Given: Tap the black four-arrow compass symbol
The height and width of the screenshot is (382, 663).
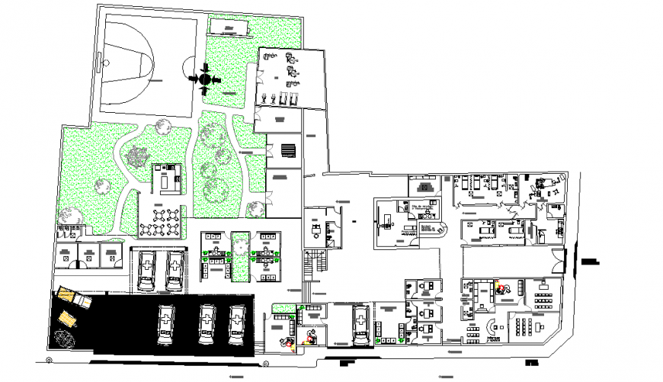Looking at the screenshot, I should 205,78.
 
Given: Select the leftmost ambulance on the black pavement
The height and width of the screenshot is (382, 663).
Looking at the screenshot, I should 165,325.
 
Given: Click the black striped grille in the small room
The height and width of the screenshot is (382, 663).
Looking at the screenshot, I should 288,149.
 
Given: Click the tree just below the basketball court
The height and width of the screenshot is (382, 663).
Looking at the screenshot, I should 161,126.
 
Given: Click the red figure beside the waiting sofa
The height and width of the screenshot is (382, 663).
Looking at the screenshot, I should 500,288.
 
